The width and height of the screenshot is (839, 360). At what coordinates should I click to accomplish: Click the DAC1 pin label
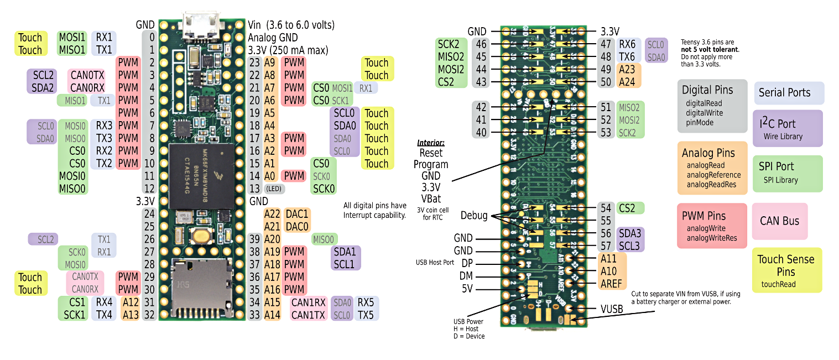coord(298,214)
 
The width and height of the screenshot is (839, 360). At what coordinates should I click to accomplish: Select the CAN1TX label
coord(308,315)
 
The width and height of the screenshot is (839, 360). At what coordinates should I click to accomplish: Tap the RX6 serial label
coord(627,44)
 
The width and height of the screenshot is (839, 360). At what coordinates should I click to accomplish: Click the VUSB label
coord(612,309)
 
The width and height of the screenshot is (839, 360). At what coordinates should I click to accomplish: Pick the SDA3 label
coord(630,233)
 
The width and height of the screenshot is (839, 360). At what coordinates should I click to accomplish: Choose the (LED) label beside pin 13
coord(274,189)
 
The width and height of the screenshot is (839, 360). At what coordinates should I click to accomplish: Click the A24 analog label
coord(627,82)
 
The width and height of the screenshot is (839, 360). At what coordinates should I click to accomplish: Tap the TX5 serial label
coord(366,315)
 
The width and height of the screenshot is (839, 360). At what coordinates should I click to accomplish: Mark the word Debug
coord(474,216)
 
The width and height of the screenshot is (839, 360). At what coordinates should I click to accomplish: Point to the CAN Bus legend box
coord(779,221)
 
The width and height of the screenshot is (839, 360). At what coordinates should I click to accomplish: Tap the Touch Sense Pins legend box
coord(786,270)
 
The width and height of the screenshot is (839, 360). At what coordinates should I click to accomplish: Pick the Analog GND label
coord(273,38)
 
